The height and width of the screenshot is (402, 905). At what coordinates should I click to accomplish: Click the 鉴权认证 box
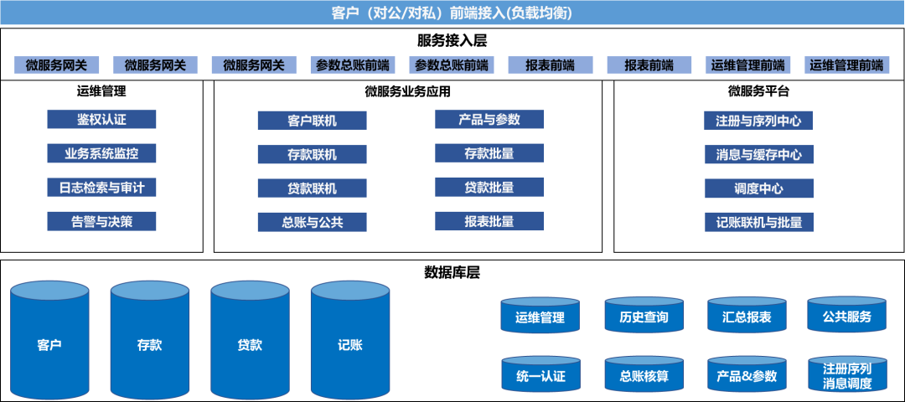click(x=101, y=120)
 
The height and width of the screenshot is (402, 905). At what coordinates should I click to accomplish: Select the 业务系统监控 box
click(x=101, y=153)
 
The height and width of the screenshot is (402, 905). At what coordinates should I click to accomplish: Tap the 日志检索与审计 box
click(x=101, y=188)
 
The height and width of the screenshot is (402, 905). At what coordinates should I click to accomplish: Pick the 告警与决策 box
click(x=101, y=221)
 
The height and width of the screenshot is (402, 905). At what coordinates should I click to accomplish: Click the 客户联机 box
click(x=312, y=121)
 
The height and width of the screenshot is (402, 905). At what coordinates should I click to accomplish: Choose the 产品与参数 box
click(x=489, y=120)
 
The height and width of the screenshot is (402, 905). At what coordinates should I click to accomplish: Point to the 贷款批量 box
click(x=489, y=188)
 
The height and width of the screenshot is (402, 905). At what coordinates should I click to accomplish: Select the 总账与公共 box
click(x=312, y=222)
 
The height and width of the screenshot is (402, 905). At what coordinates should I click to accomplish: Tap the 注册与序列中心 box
click(x=758, y=121)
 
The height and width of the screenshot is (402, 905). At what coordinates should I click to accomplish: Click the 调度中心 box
click(x=758, y=188)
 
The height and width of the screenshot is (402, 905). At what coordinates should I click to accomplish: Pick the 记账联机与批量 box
click(x=758, y=222)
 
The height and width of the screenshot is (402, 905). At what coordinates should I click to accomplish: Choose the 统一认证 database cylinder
click(x=540, y=374)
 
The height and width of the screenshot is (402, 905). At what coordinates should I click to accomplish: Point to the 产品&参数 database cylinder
click(x=747, y=374)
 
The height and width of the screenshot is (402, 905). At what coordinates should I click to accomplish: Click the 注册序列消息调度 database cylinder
click(x=847, y=374)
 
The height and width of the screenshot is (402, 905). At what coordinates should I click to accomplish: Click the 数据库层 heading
click(x=452, y=273)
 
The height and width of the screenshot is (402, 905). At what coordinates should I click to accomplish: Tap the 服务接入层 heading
click(x=452, y=40)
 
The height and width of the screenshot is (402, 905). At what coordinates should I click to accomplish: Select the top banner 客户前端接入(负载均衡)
click(x=452, y=13)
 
